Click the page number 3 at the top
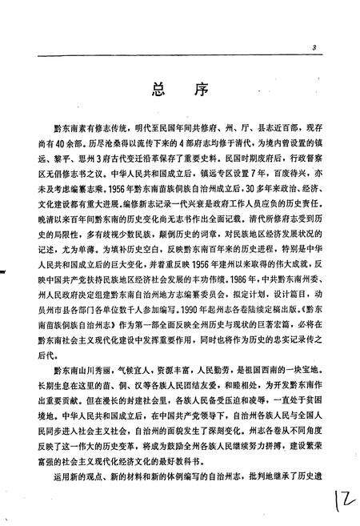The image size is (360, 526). tap(315, 49)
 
